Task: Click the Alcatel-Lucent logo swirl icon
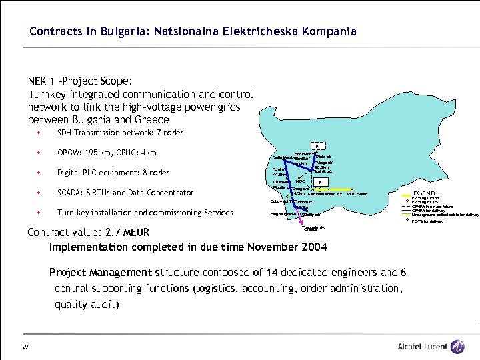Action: [x=457, y=347]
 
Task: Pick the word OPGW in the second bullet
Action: [x=70, y=153]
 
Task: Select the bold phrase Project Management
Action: [x=101, y=272]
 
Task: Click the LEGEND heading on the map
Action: [x=423, y=193]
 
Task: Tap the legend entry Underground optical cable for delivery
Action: [x=445, y=215]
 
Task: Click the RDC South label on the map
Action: [x=357, y=194]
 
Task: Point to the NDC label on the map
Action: [x=300, y=181]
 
